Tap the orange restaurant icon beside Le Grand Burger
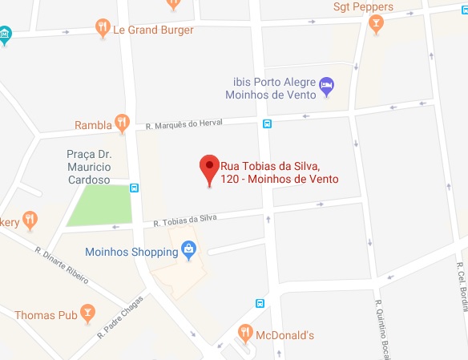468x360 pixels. [x=103, y=29]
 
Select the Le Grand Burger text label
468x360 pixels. [x=153, y=30]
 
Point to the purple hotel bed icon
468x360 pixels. [x=326, y=86]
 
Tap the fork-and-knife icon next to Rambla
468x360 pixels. [x=122, y=123]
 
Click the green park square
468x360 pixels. [x=99, y=206]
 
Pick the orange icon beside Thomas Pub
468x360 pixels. [x=88, y=313]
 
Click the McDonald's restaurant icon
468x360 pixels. [x=245, y=333]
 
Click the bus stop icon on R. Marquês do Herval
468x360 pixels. [x=266, y=123]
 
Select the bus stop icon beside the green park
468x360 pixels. [x=134, y=188]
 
